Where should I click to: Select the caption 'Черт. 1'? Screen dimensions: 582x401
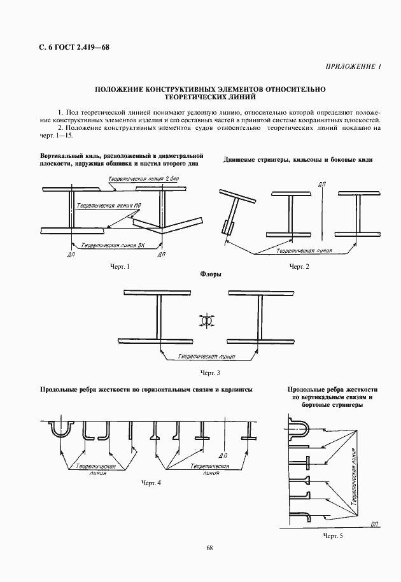pyautogui.click(x=120, y=266)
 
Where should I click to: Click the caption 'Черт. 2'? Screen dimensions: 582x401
pyautogui.click(x=299, y=266)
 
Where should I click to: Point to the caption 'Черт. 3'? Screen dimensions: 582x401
pyautogui.click(x=209, y=372)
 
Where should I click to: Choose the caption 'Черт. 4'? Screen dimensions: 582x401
pyautogui.click(x=151, y=483)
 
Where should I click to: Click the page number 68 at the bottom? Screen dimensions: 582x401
pyautogui.click(x=209, y=548)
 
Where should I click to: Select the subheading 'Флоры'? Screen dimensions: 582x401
pyautogui.click(x=211, y=275)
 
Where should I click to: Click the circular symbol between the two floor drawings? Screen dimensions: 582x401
pyautogui.click(x=208, y=321)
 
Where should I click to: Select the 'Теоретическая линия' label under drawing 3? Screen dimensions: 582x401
pyautogui.click(x=206, y=357)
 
